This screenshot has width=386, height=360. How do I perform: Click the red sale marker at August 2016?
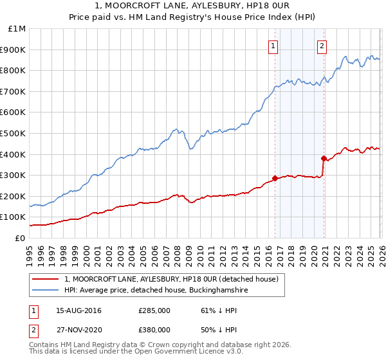point(275,178)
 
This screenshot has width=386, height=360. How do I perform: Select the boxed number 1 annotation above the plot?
point(273,46)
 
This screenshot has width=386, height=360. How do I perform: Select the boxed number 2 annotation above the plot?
point(322,46)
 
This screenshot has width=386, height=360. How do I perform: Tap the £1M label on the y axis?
point(17,28)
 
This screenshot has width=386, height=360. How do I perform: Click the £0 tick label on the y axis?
point(21,238)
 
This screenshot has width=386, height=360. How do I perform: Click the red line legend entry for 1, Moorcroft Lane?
point(171,279)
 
